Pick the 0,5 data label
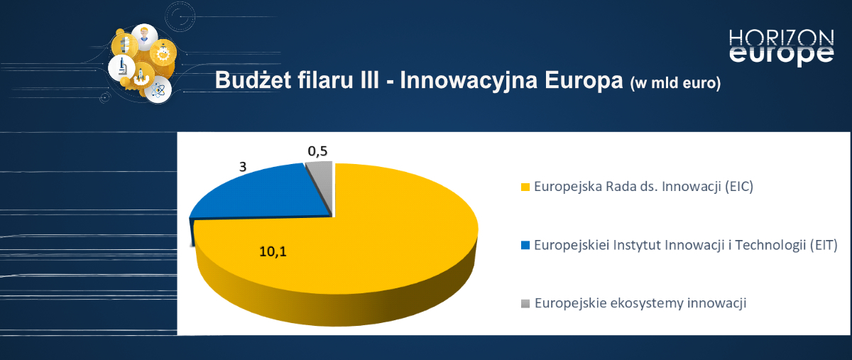pos(317,151)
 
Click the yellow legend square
pos(525,187)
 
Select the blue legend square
pos(525,246)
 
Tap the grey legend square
pos(525,304)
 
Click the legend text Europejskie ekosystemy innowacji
pos(640,303)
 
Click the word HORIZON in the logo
pos(781,38)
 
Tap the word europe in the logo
pos(781,55)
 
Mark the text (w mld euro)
pos(674,83)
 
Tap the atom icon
pos(160,90)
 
